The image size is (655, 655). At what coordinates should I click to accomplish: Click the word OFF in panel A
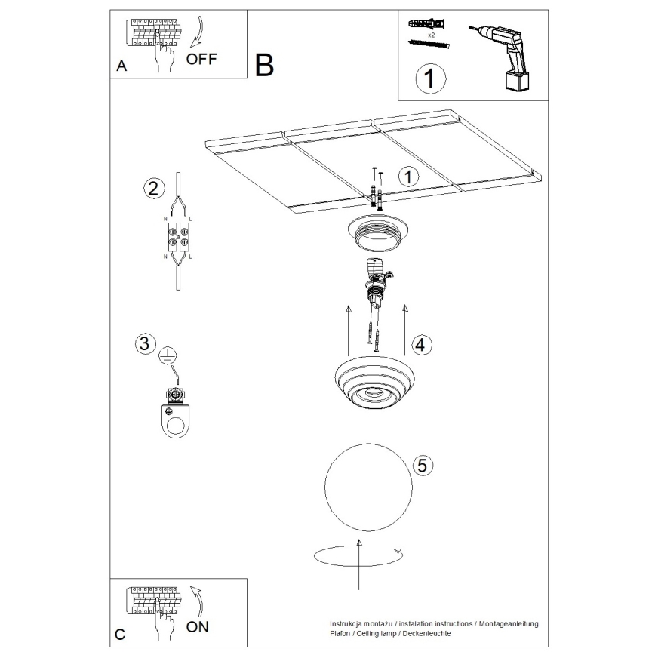tap(201, 60)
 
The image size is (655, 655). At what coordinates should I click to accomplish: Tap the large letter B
tap(264, 66)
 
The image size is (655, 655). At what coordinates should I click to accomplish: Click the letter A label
tap(121, 66)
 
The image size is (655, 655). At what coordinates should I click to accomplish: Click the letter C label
tap(119, 635)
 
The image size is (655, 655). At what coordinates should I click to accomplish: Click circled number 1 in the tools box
tap(429, 78)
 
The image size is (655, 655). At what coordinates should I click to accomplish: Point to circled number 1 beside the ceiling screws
tap(407, 177)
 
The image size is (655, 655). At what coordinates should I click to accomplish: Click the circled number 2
tap(153, 189)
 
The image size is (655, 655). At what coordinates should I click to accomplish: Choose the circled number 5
tap(423, 465)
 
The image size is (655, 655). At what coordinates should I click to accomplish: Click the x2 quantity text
tap(431, 35)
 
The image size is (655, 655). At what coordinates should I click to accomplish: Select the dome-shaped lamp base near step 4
tap(374, 383)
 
